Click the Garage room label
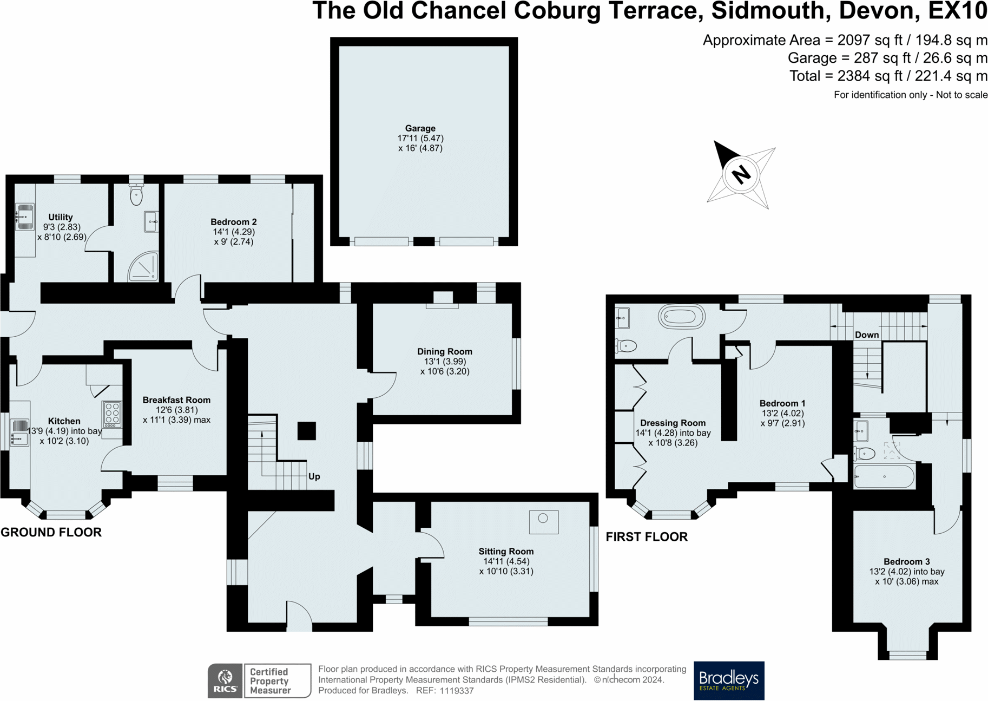pos(420,128)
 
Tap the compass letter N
pos(741,174)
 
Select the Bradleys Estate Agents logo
pos(729,680)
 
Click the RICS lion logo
pos(225,680)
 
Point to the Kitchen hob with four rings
pos(113,414)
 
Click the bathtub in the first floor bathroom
pos(681,317)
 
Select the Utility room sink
pos(24,217)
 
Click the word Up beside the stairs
pos(314,476)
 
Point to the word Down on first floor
pos(866,335)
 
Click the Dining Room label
pos(444,351)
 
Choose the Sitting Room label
pos(506,551)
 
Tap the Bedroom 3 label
pos(906,561)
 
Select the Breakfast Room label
pos(176,400)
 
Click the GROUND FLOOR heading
pos(51,532)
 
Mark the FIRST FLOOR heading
pos(647,536)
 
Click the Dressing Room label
pos(673,423)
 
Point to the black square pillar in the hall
pos(307,431)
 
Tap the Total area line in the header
pos(888,76)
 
